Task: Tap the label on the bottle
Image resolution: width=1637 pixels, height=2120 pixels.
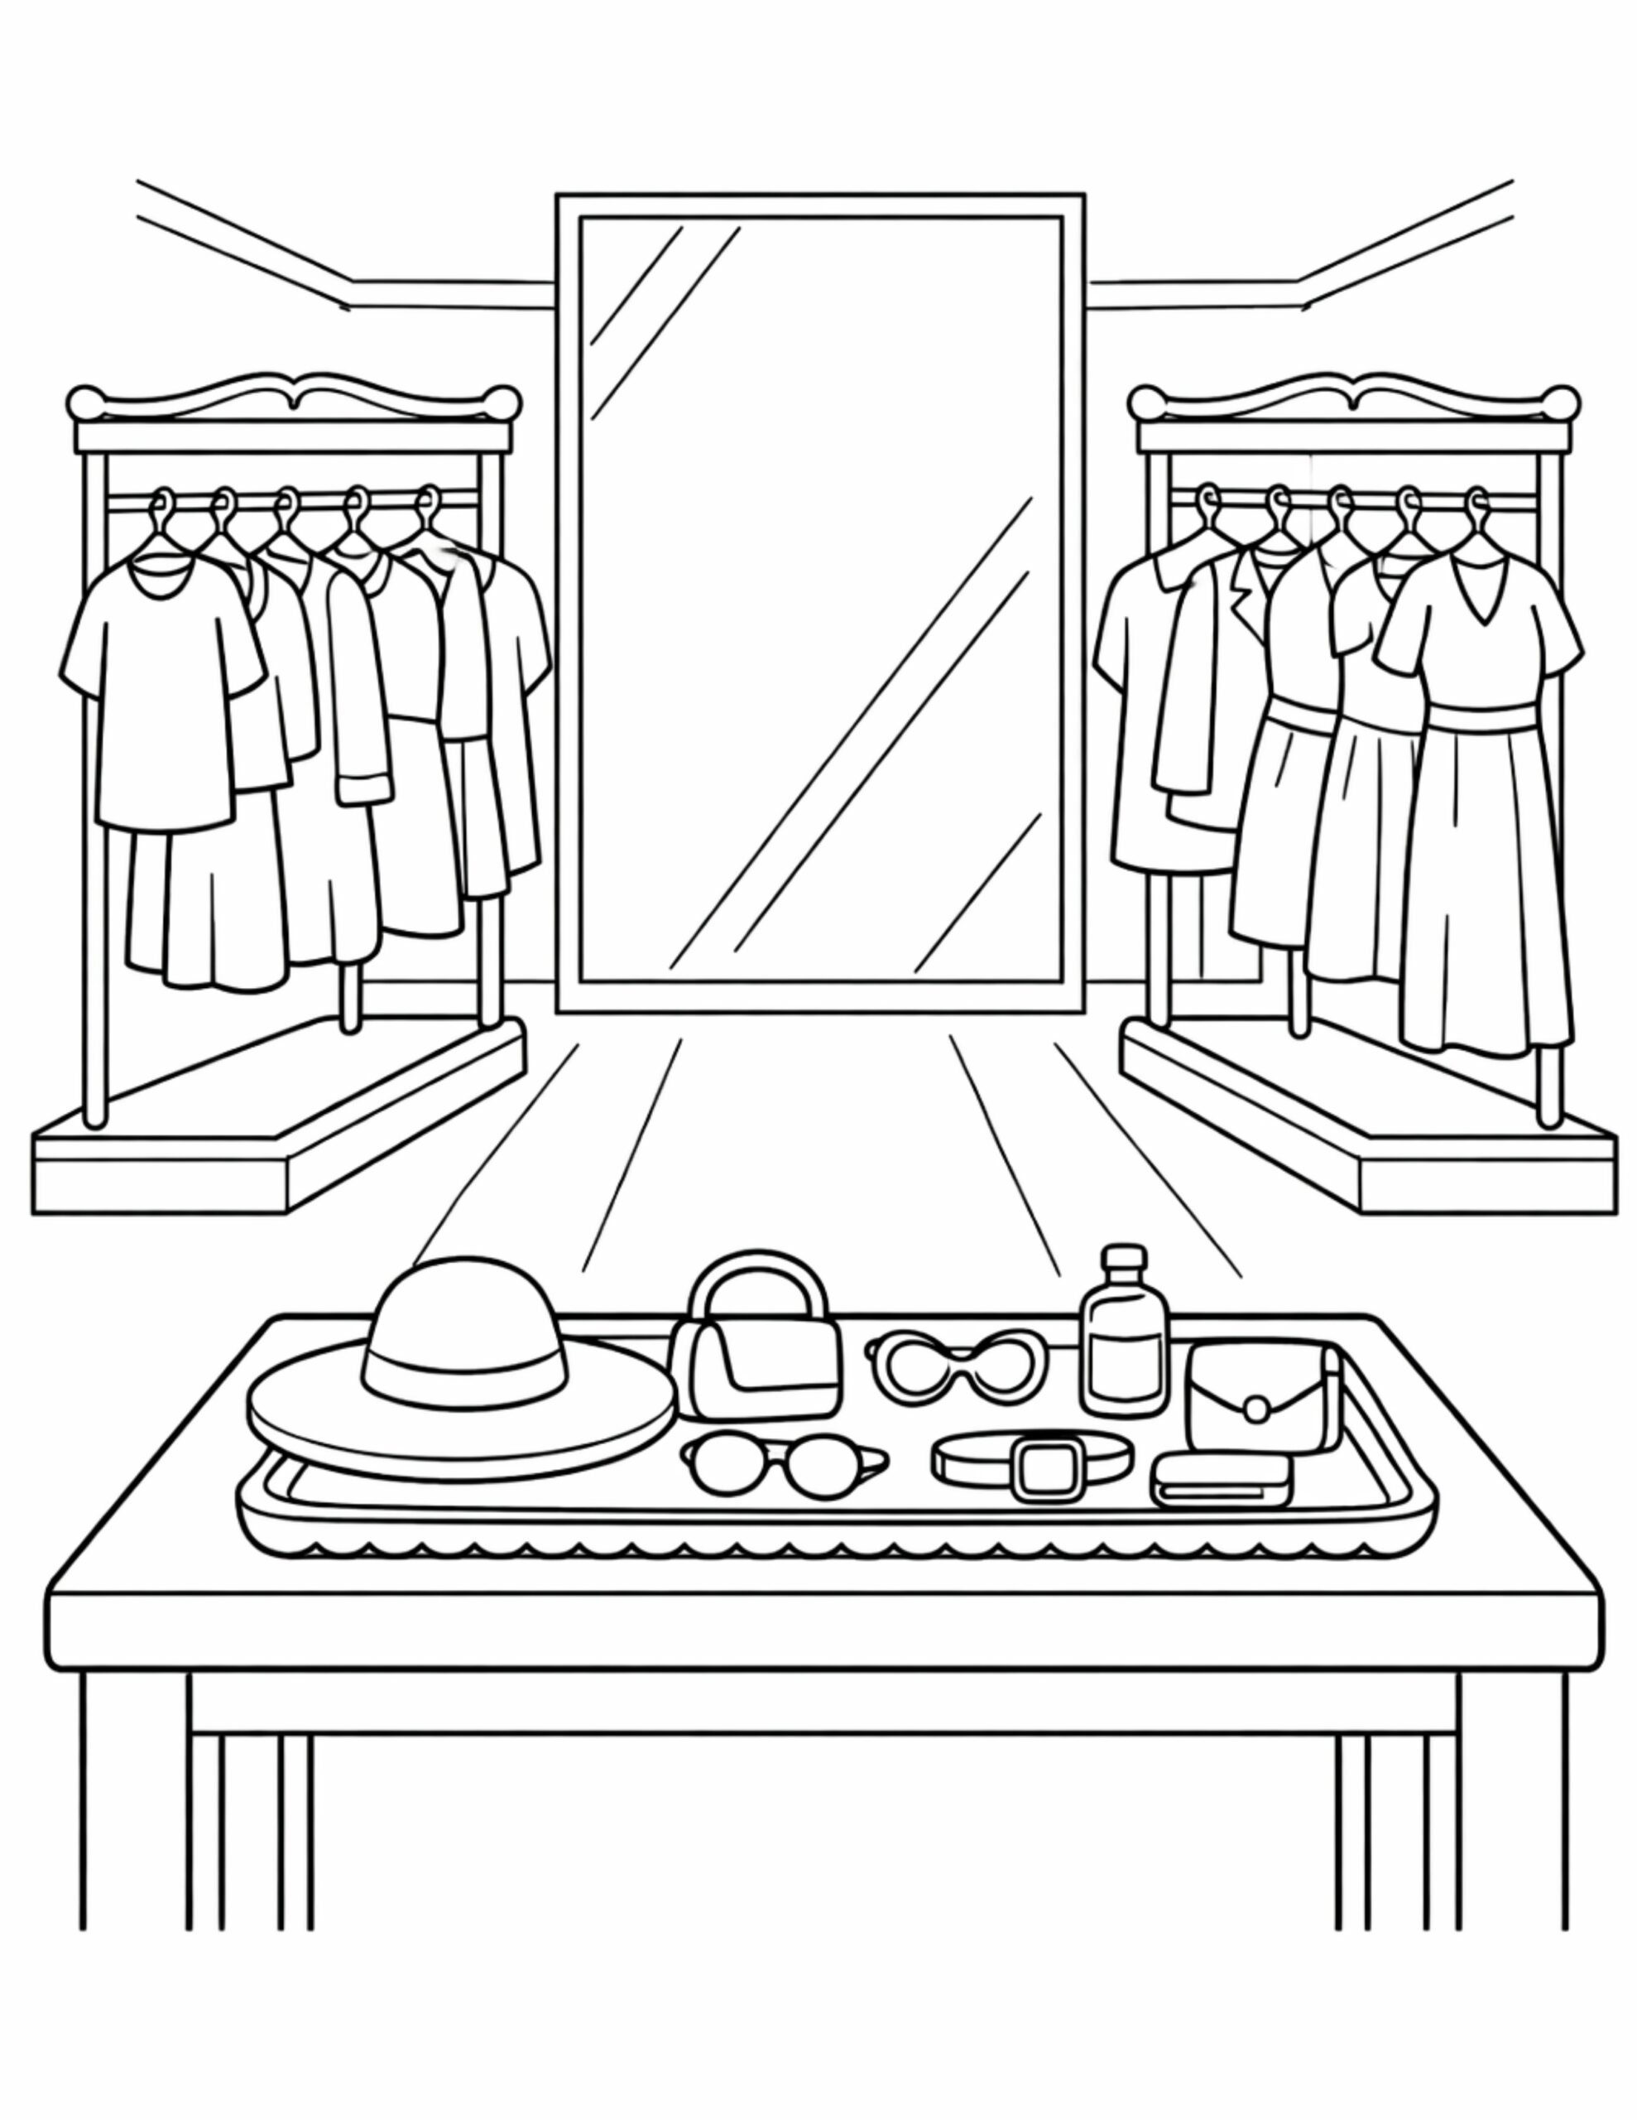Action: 1125,1364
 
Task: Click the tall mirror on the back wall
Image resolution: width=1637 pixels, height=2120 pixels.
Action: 820,602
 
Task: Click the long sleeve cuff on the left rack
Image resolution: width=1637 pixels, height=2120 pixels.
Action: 365,785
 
